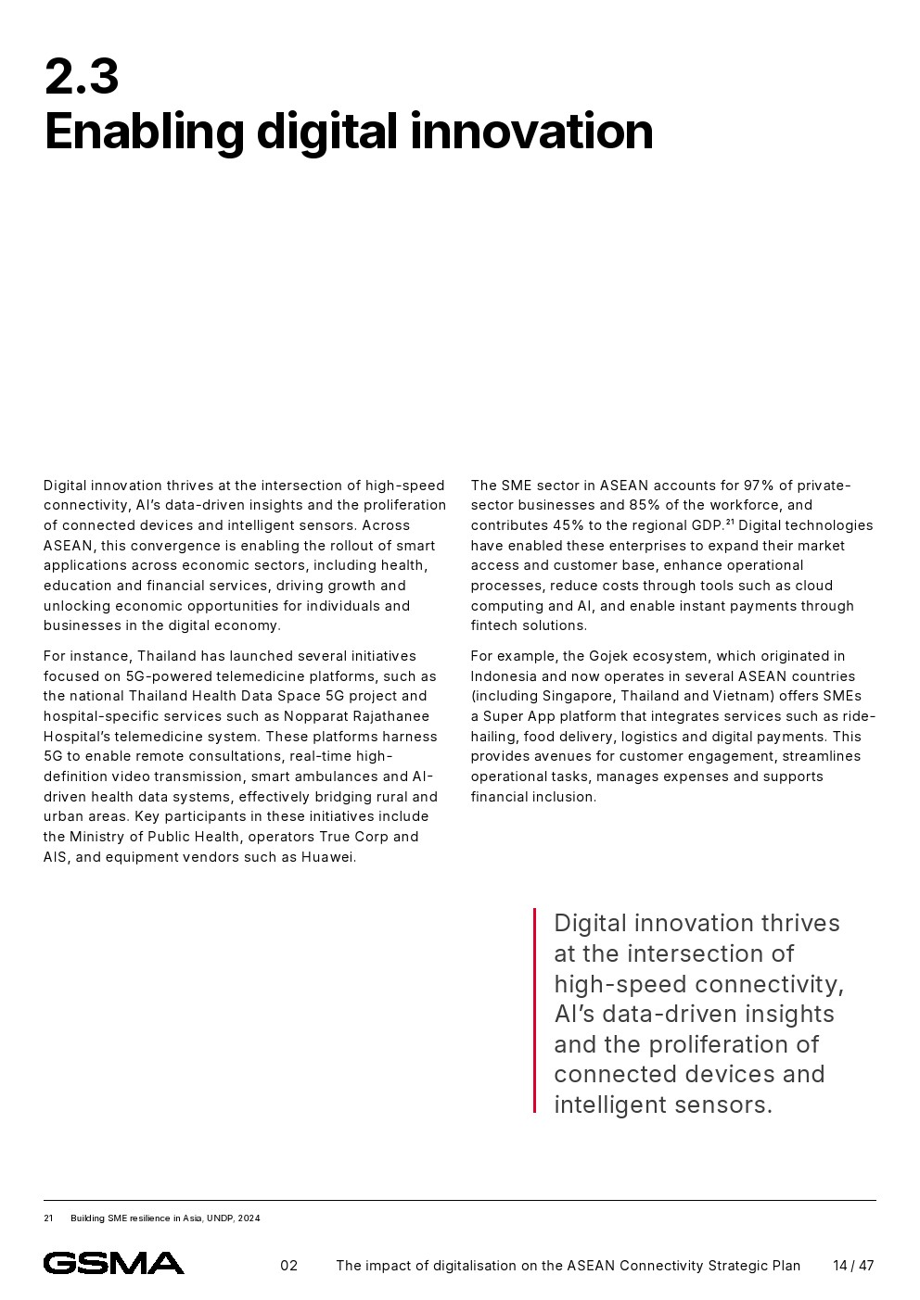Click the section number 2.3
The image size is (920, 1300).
82,77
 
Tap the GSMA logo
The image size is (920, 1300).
113,1263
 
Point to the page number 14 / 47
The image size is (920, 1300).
853,1266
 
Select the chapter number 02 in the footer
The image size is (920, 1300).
289,1266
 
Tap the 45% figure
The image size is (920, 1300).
569,525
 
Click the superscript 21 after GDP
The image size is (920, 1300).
730,522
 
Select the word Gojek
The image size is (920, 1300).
610,656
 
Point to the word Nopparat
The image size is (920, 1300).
315,716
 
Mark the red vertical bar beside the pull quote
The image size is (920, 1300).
534,1010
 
